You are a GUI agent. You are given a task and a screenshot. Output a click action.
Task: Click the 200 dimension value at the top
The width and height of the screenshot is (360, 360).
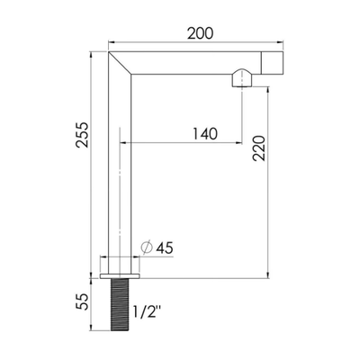(x=201, y=33)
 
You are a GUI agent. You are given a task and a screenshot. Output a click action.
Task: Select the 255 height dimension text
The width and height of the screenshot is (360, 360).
(x=82, y=134)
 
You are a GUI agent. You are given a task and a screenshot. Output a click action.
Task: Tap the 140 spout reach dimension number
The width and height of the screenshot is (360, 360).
(x=205, y=134)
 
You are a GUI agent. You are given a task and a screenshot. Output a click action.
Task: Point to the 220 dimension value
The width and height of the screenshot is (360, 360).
(x=259, y=148)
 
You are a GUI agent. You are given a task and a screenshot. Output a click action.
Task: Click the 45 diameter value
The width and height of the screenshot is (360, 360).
(x=165, y=248)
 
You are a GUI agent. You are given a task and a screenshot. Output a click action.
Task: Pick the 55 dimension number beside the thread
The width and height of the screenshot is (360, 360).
(x=82, y=301)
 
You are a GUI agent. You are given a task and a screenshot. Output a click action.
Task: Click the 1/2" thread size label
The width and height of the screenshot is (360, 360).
(x=146, y=313)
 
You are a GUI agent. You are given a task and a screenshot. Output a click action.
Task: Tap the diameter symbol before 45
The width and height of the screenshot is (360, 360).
(x=148, y=247)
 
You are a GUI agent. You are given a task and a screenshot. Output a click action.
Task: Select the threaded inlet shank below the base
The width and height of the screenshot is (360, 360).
(x=120, y=304)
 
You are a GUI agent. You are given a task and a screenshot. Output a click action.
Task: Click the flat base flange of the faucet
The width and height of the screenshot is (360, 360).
(x=120, y=276)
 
